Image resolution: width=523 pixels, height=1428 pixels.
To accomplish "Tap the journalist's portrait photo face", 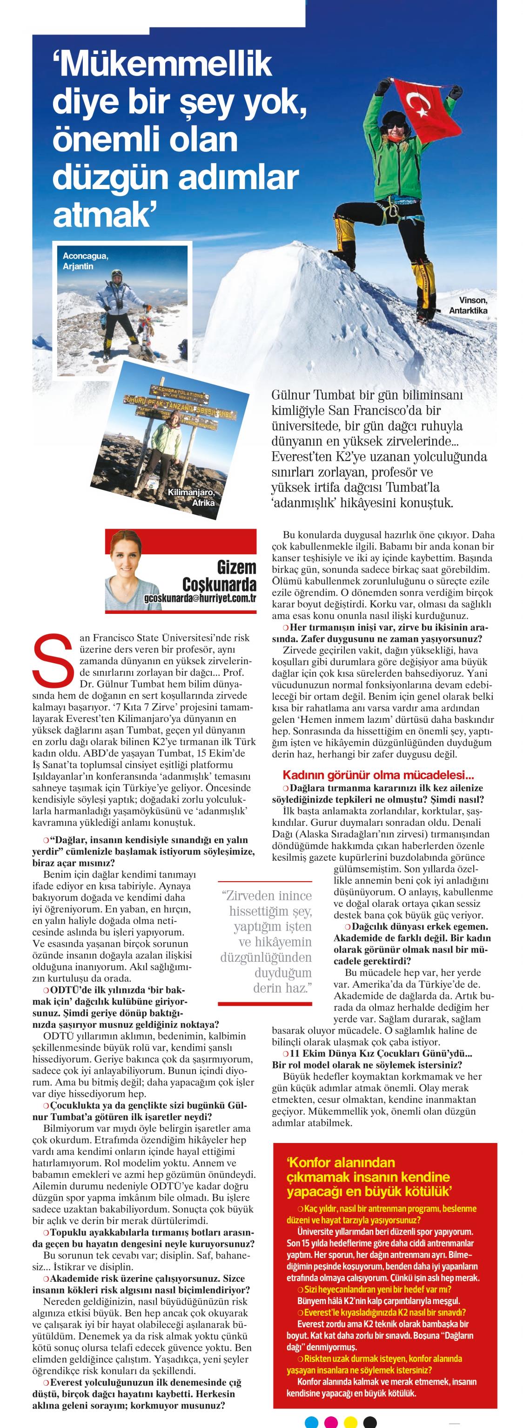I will [132, 560].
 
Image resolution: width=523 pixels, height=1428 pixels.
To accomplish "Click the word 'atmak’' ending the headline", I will [102, 215].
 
